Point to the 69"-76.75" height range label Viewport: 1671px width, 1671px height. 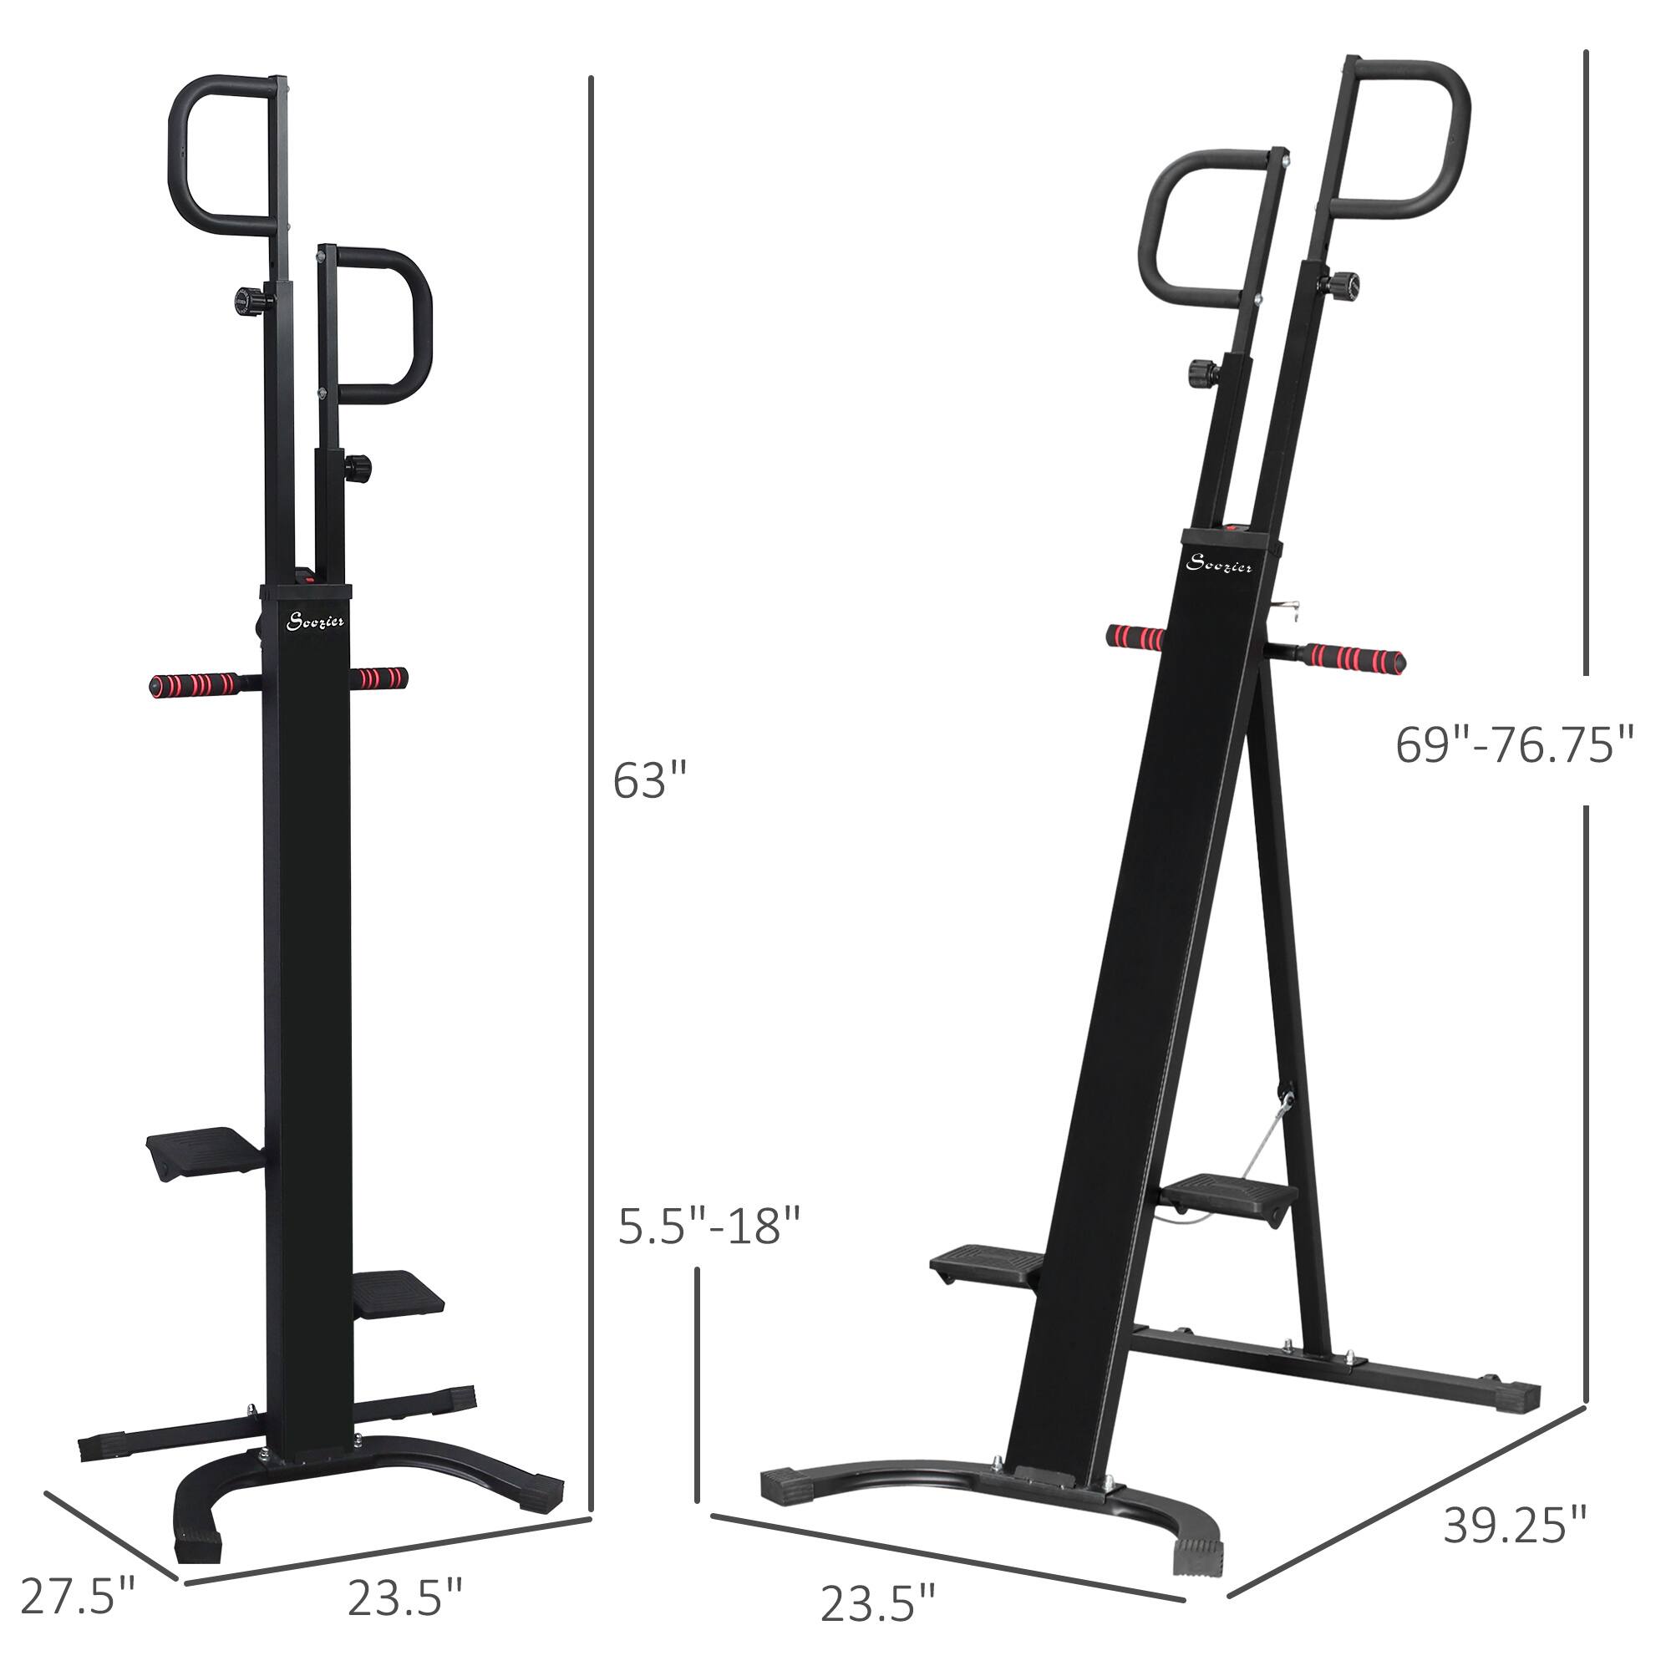1515,744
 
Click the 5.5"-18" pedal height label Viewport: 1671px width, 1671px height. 709,1226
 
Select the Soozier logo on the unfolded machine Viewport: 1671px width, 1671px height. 1219,565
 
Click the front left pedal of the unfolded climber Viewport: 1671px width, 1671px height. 986,1267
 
